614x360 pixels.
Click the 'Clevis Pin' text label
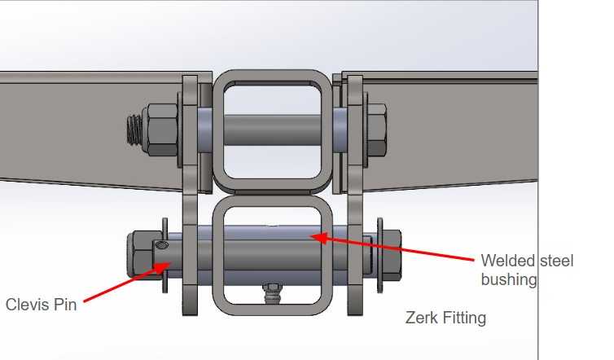click(42, 305)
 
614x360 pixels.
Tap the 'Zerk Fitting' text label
click(445, 318)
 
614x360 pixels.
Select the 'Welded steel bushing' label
click(527, 270)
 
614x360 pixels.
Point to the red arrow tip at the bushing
click(314, 237)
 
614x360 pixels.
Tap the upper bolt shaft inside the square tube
click(271, 129)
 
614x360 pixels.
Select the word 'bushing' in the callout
click(509, 279)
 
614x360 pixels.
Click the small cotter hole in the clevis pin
click(162, 244)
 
